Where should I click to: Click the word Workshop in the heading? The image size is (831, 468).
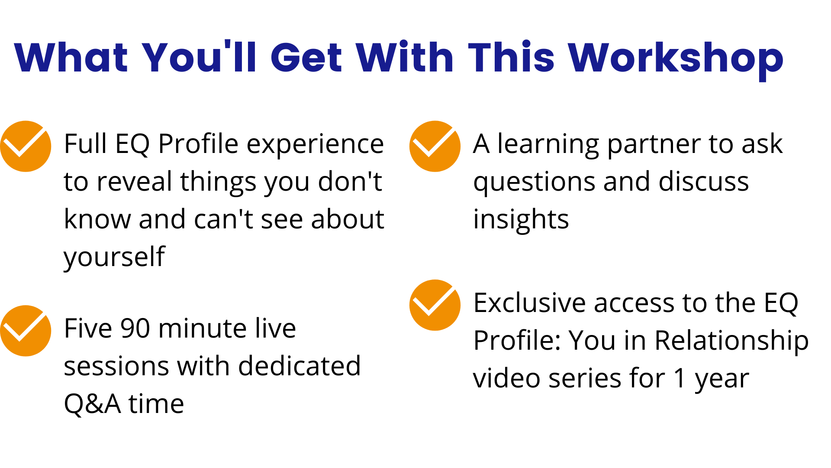(676, 58)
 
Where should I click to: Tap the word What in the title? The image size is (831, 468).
(71, 57)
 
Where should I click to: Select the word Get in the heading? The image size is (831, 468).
(307, 57)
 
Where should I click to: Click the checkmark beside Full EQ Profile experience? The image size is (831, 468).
(26, 146)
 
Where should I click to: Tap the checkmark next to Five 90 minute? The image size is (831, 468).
(26, 331)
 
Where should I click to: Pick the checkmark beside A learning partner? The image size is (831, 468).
(435, 146)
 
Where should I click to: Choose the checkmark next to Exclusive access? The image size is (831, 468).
(435, 305)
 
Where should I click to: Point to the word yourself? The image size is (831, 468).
(114, 257)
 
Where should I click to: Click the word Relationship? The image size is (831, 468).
(731, 341)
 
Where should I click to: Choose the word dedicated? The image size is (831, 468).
(300, 366)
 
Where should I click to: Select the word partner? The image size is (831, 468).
(654, 145)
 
